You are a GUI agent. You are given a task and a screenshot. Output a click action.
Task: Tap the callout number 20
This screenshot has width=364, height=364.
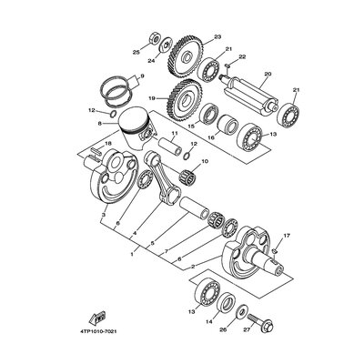click(268, 74)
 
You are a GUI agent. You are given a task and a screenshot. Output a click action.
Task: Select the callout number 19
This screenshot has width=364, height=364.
click(152, 98)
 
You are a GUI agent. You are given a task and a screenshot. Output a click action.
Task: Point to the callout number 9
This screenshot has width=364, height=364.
click(142, 76)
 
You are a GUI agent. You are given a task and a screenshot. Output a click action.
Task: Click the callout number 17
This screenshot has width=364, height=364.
click(287, 236)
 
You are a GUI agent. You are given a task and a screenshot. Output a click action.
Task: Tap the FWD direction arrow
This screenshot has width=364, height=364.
click(97, 318)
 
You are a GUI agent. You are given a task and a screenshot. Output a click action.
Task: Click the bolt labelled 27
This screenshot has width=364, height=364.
click(261, 322)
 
